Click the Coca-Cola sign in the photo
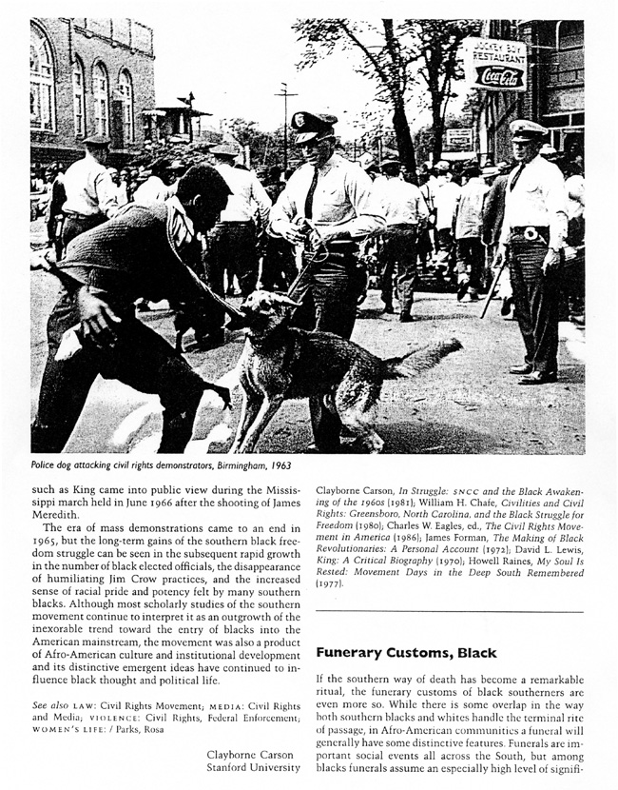pyautogui.click(x=499, y=76)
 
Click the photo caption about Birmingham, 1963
pyautogui.click(x=161, y=465)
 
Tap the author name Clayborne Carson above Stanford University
pyautogui.click(x=253, y=755)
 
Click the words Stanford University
pyautogui.click(x=253, y=770)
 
